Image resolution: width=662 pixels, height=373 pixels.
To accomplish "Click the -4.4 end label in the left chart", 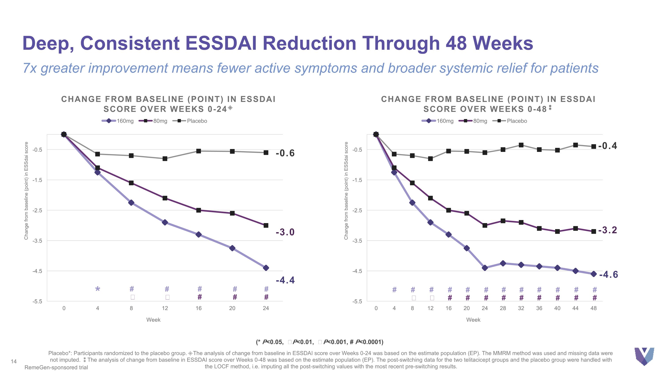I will click(285, 280).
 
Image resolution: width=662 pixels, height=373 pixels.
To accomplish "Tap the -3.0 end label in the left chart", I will click(285, 232).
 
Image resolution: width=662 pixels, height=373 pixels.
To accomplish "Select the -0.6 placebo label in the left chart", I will click(285, 153).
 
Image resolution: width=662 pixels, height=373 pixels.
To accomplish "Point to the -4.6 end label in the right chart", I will click(609, 274).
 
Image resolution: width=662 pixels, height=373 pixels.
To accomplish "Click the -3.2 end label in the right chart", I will click(607, 230).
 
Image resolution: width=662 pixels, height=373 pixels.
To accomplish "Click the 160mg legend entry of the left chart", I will click(118, 121).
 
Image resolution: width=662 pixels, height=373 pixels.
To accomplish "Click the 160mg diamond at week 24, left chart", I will click(266, 268).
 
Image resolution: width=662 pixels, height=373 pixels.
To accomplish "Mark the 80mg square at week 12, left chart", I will click(165, 198).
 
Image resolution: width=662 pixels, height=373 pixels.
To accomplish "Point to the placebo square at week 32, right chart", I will click(521, 145).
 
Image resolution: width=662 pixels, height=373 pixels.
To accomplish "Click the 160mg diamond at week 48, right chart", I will click(594, 274).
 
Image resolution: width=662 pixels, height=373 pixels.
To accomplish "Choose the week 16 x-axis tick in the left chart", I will click(199, 308).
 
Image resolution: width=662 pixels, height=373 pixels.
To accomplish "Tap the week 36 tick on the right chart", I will click(539, 308).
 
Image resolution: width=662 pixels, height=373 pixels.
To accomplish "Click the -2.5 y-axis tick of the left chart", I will click(37, 210).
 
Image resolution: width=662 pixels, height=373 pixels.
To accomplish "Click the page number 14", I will click(14, 362).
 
